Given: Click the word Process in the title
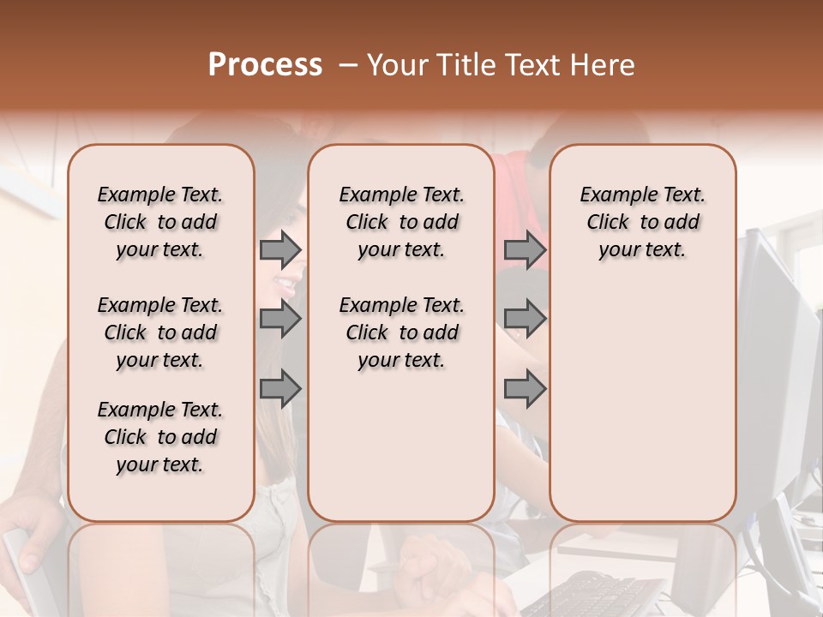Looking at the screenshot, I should click(265, 65).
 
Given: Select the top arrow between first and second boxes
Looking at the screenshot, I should click(280, 250).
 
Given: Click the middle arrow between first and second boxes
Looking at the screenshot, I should click(280, 320).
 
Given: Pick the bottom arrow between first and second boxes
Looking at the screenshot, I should click(280, 389).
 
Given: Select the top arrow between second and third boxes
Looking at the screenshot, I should click(525, 250).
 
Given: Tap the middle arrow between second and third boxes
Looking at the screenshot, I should click(525, 320).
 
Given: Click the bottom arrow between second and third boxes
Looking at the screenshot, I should click(525, 389).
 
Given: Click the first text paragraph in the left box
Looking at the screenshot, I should click(160, 222).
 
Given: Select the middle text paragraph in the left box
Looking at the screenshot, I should click(160, 332).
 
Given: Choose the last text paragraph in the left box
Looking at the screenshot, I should click(160, 437).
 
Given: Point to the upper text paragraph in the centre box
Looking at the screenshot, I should click(401, 222).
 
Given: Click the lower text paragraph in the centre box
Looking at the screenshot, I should click(401, 332).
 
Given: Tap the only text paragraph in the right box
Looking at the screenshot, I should click(643, 222).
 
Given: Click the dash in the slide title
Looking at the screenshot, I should click(348, 65).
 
